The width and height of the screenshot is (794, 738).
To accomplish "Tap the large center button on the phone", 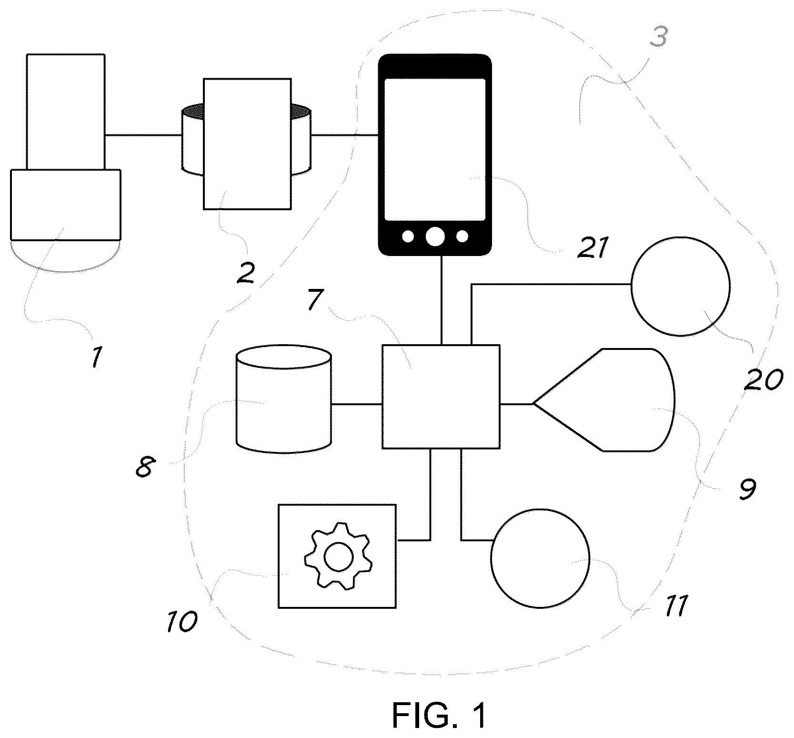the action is [x=435, y=236].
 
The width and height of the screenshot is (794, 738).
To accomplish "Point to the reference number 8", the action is [x=143, y=467].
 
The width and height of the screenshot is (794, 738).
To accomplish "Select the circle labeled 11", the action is [x=540, y=558].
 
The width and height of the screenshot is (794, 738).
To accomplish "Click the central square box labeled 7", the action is [x=441, y=397].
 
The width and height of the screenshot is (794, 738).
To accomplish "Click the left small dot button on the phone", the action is [x=408, y=236].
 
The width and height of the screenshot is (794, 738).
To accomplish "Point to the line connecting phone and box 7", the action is [x=442, y=300].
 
